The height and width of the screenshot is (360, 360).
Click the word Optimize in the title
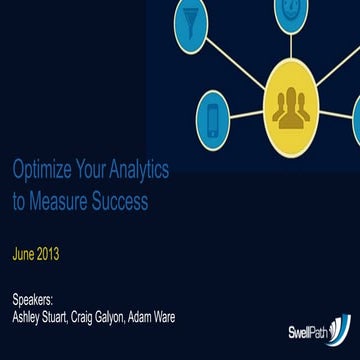[x=39, y=171]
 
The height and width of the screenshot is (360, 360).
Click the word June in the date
[x=25, y=254]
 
